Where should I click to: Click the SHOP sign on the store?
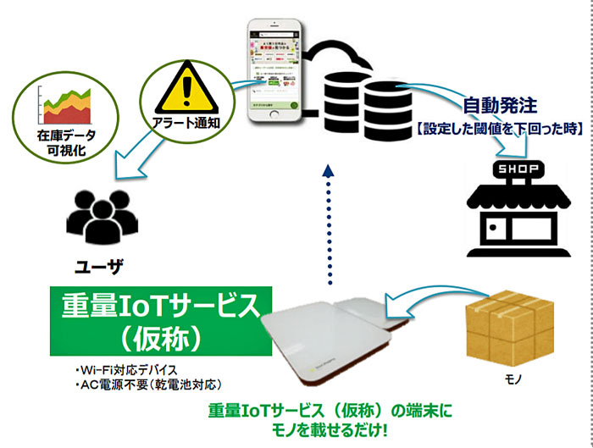coord(515,166)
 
